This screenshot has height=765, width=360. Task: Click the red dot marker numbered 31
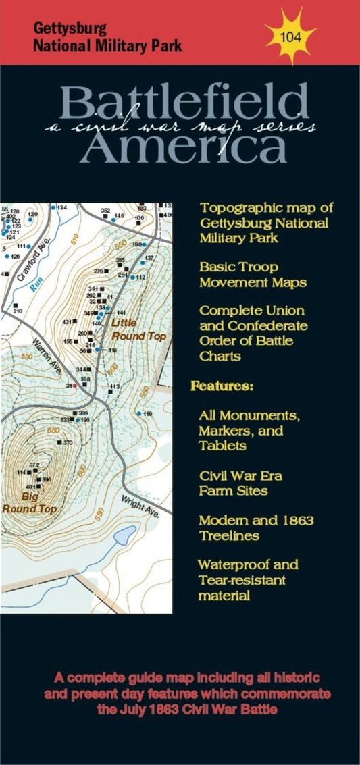pos(74,386)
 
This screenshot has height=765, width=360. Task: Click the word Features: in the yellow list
pos(222,387)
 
